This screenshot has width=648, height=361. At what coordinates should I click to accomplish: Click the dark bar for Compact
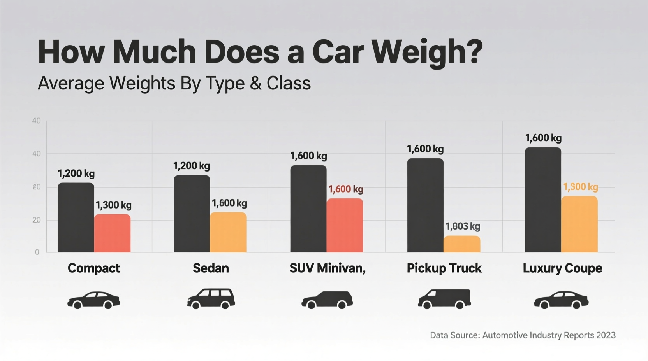76,218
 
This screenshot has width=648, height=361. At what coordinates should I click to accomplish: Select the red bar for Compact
113,233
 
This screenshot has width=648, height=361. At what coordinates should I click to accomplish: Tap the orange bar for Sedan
228,233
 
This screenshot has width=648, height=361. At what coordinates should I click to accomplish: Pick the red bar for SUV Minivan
345,226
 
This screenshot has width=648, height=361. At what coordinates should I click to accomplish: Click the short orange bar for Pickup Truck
462,244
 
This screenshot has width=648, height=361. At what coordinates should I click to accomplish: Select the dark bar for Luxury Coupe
543,200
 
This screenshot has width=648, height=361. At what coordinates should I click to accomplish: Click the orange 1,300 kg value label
580,187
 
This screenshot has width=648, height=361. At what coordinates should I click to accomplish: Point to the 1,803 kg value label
463,226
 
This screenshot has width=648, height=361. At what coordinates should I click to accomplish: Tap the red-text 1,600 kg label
346,189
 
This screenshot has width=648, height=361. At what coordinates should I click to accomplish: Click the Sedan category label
211,268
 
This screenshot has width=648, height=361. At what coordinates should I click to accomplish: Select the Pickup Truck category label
444,268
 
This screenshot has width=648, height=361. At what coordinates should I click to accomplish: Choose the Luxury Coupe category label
562,268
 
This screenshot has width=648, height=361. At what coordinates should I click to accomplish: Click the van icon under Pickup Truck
444,299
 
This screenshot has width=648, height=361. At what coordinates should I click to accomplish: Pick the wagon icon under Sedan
211,299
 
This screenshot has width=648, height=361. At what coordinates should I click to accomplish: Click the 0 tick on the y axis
37,252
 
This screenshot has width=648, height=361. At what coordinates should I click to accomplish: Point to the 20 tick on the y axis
37,220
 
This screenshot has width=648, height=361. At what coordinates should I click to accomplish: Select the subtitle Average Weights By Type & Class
174,83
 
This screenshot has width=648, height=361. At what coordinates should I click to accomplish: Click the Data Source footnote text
523,335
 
